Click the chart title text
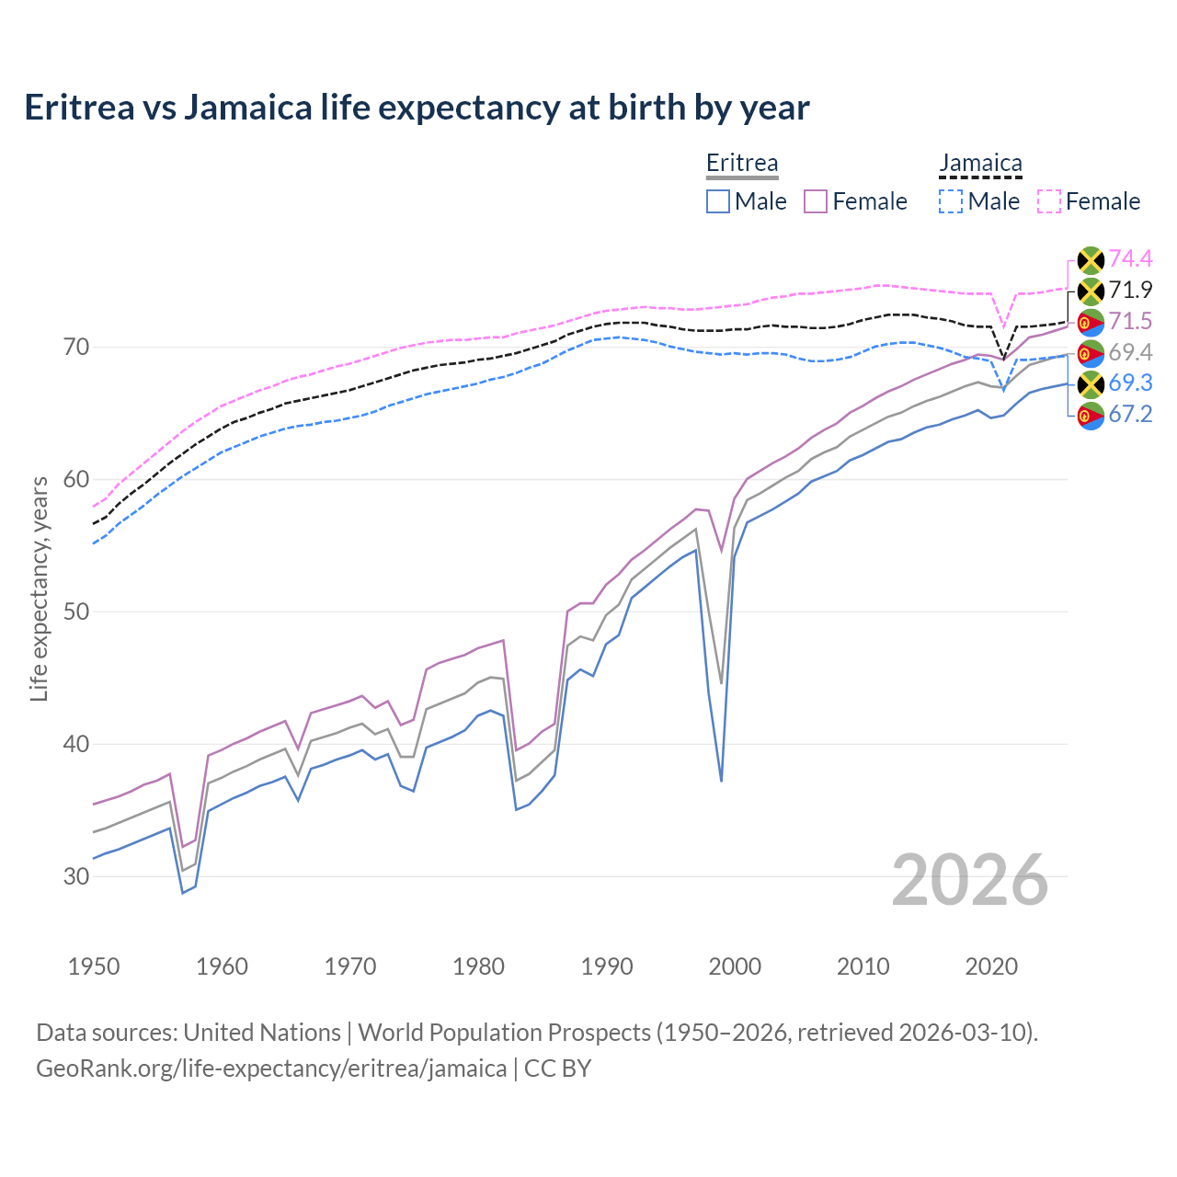click(417, 108)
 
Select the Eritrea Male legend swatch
click(718, 201)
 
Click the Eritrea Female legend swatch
click(817, 201)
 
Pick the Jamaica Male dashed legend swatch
click(951, 201)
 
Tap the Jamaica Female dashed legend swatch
click(1049, 201)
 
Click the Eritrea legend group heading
click(742, 163)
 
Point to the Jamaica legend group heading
click(980, 163)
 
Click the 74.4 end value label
click(1130, 259)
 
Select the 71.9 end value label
click(1130, 291)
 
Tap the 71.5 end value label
click(1130, 321)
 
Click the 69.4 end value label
click(1130, 352)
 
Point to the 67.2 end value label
click(1130, 414)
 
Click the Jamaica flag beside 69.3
click(1091, 383)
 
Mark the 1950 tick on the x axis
click(94, 966)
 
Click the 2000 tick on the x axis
click(735, 966)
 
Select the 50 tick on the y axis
click(76, 611)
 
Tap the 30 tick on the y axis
click(76, 876)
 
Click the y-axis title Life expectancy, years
click(39, 588)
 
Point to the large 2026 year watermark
click(970, 880)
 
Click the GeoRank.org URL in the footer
click(271, 1068)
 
